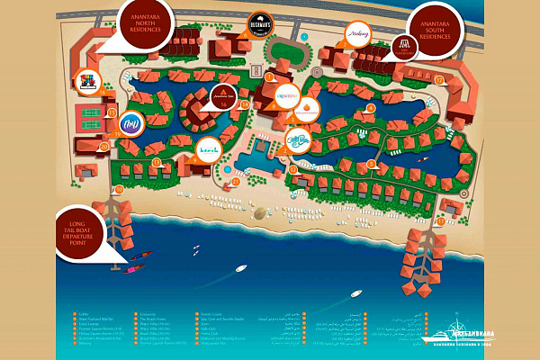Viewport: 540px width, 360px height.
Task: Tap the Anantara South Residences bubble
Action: tap(441, 30)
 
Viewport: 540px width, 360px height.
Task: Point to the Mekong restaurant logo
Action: tap(357, 33)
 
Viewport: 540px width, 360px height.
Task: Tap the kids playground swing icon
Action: tap(89, 83)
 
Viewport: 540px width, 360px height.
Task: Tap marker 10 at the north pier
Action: tap(117, 191)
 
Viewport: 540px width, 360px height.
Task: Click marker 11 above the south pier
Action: tap(440, 220)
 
